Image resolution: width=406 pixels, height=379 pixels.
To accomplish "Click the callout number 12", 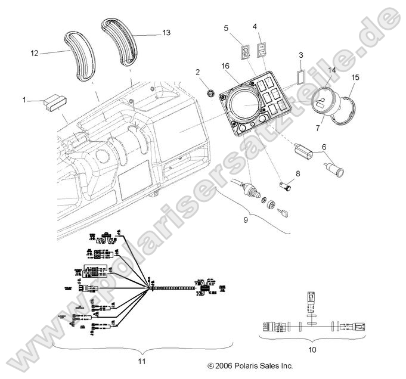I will point(35,54).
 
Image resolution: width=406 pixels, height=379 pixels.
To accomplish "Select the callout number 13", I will point(166,33).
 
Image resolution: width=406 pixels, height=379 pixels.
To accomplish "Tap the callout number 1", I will point(24,100).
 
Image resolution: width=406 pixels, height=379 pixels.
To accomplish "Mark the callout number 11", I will point(141,361).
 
